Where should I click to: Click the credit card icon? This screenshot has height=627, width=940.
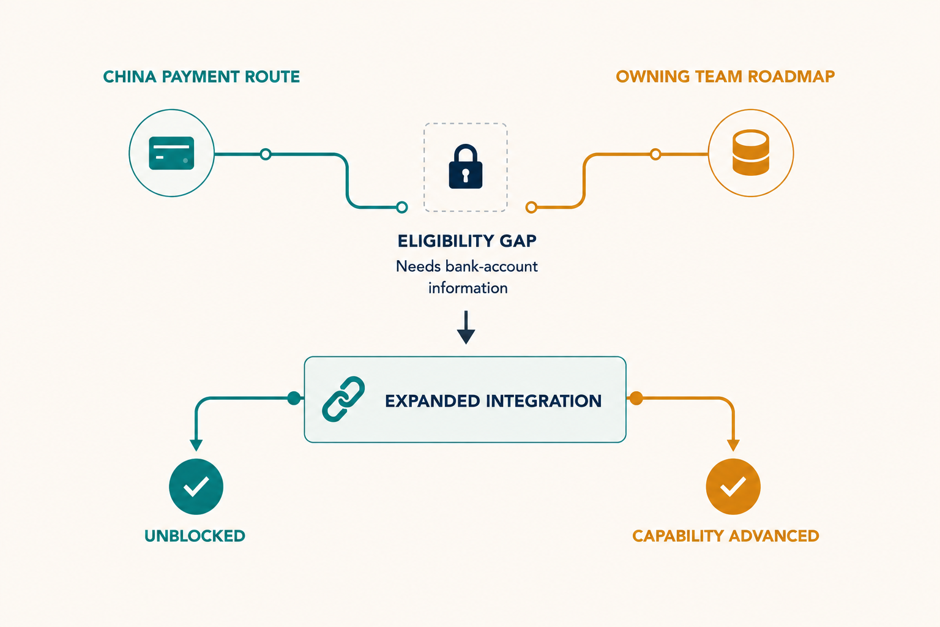pyautogui.click(x=171, y=153)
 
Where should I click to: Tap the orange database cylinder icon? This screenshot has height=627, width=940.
pyautogui.click(x=751, y=152)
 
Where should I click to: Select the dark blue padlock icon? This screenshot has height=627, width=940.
pyautogui.click(x=465, y=167)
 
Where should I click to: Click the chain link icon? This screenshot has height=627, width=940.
pyautogui.click(x=343, y=399)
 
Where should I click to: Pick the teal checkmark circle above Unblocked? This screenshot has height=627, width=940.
pyautogui.click(x=196, y=486)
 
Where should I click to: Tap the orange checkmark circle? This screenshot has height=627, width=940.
pyautogui.click(x=733, y=486)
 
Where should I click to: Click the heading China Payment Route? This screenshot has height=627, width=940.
pyautogui.click(x=201, y=77)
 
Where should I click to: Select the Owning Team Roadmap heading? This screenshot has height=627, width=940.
pyautogui.click(x=725, y=77)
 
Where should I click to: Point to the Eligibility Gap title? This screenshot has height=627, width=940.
pyautogui.click(x=467, y=241)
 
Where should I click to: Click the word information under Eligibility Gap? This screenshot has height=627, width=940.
pyautogui.click(x=468, y=288)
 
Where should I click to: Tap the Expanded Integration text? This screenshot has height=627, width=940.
pyautogui.click(x=493, y=401)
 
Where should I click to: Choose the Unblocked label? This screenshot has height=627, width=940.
pyautogui.click(x=195, y=536)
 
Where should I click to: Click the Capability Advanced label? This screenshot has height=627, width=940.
pyautogui.click(x=726, y=536)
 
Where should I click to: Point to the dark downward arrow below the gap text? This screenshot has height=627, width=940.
pyautogui.click(x=466, y=328)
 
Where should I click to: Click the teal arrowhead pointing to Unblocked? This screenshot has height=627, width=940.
pyautogui.click(x=196, y=445)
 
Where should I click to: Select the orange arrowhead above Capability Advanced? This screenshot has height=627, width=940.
pyautogui.click(x=733, y=445)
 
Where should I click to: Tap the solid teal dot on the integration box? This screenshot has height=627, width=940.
pyautogui.click(x=294, y=398)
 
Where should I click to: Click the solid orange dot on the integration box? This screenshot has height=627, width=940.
pyautogui.click(x=636, y=398)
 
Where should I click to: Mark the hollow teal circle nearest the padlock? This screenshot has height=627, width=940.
pyautogui.click(x=401, y=207)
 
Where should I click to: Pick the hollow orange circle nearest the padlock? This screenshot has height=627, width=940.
pyautogui.click(x=531, y=207)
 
